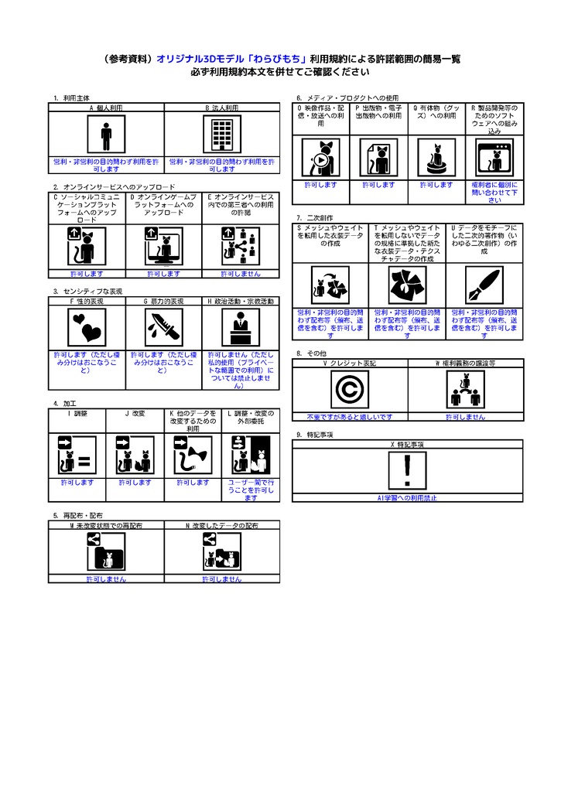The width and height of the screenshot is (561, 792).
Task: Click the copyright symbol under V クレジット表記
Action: pyautogui.click(x=349, y=390)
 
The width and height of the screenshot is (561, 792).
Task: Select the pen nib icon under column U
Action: pyautogui.click(x=484, y=287)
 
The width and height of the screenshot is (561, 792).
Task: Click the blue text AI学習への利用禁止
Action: pyautogui.click(x=408, y=499)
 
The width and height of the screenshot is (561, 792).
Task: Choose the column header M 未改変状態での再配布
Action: pyautogui.click(x=106, y=525)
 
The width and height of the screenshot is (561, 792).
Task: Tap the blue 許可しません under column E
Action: pyautogui.click(x=240, y=274)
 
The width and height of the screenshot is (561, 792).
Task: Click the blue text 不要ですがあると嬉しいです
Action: pyautogui.click(x=350, y=417)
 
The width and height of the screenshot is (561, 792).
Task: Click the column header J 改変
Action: pyautogui.click(x=135, y=414)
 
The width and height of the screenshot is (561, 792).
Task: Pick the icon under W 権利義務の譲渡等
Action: pyautogui.click(x=465, y=390)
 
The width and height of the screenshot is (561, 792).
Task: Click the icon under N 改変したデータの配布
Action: pyautogui.click(x=222, y=552)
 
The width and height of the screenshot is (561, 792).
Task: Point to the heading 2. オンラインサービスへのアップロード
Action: pyautogui.click(x=114, y=187)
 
